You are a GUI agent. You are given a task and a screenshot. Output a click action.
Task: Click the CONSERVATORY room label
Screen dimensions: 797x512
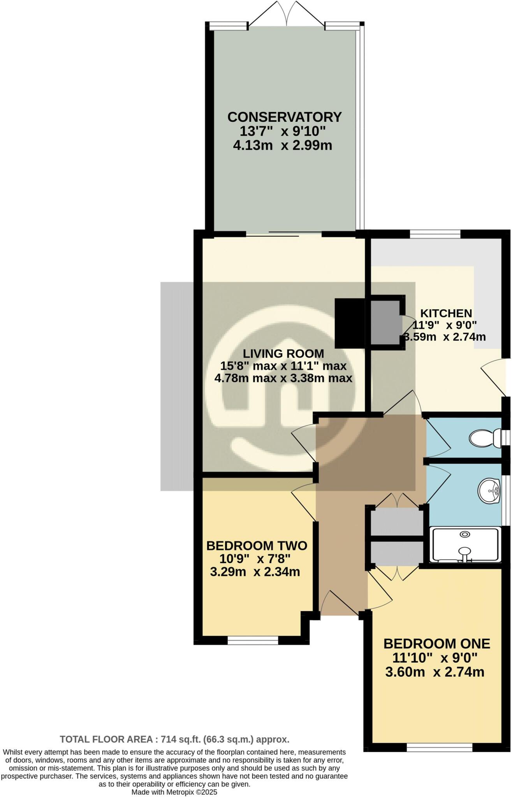pos(284,117)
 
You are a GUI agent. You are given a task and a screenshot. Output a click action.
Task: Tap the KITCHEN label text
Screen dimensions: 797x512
pos(446,313)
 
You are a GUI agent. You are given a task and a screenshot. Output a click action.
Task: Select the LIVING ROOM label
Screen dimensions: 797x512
pos(283,353)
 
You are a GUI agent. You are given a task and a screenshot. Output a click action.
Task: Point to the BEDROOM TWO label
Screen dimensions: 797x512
pos(257,546)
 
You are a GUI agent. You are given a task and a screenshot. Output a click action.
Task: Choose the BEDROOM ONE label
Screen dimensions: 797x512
pos(436,644)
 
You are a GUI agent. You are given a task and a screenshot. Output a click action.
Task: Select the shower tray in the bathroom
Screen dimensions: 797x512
pos(464,545)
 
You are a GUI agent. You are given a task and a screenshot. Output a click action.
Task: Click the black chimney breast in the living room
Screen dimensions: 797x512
pos(349,323)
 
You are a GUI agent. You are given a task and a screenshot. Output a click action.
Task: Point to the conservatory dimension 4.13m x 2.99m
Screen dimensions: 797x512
pos(283,146)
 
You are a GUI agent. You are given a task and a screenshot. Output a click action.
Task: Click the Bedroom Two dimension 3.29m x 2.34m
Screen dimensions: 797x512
pos(255,572)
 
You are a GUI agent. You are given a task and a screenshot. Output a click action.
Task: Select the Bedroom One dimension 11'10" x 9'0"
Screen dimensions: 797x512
pos(435,658)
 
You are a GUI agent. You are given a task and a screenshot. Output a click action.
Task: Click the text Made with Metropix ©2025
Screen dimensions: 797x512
pos(174,792)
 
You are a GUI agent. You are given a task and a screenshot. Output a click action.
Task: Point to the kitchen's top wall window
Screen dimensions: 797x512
pos(435,234)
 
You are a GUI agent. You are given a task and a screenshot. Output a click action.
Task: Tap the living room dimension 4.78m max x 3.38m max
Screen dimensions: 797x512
pos(283,378)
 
